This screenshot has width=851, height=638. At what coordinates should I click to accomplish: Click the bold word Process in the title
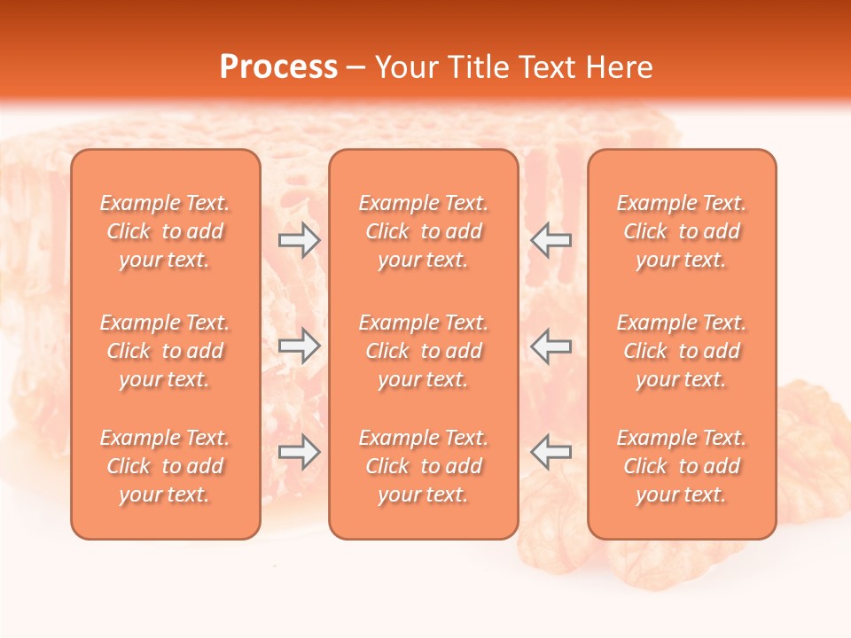(x=278, y=67)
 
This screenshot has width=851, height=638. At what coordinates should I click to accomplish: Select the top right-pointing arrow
(x=299, y=240)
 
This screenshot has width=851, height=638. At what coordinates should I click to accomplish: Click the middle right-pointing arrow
(x=299, y=346)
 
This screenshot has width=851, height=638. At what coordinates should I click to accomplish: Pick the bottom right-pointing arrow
(x=299, y=452)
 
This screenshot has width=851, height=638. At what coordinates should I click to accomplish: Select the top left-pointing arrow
(x=551, y=240)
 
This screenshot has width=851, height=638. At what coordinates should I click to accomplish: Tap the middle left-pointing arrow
(x=551, y=346)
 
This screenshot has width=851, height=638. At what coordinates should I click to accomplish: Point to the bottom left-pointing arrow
(x=551, y=452)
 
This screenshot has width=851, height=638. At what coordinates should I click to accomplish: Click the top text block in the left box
(x=165, y=231)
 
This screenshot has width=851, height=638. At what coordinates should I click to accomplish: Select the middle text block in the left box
(x=165, y=351)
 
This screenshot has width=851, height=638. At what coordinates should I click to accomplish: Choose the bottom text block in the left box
(x=165, y=466)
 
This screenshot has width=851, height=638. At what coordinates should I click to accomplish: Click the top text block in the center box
(x=424, y=231)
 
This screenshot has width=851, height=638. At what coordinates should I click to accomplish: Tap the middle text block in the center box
(x=424, y=351)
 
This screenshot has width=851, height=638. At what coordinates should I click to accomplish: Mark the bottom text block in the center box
(x=424, y=466)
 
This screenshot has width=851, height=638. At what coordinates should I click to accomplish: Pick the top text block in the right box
(x=682, y=231)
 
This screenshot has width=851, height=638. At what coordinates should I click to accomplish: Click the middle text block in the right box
(x=682, y=351)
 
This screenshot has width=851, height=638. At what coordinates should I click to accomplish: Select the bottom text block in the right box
(x=682, y=466)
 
